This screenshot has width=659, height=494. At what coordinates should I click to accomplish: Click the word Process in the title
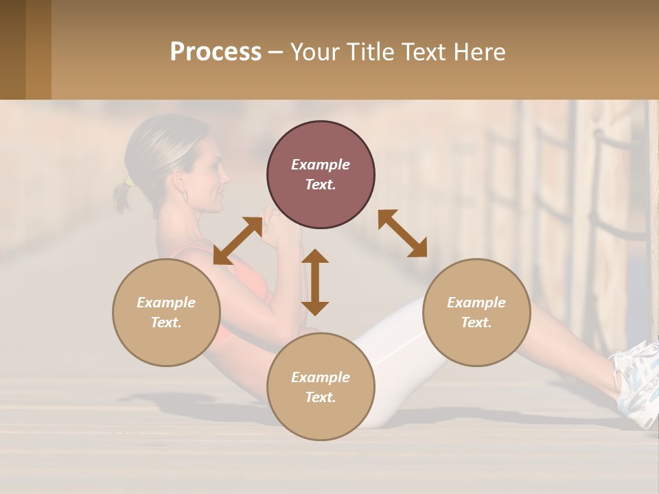pos(216,52)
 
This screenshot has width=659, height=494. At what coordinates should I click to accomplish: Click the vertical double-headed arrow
pos(315,282)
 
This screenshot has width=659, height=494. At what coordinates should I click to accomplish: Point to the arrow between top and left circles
pos(238,241)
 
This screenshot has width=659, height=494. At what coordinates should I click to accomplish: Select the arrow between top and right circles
pos(402,233)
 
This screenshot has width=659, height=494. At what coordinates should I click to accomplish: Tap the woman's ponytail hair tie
pos(128,182)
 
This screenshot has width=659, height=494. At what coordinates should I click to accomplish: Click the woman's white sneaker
pos(635,384)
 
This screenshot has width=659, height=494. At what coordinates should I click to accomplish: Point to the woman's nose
pos(227,172)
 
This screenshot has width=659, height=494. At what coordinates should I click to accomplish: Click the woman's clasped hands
pos(278,230)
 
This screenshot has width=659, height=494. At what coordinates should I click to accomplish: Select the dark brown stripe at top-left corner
pos(12,49)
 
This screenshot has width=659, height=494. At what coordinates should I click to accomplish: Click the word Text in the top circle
pos(321,185)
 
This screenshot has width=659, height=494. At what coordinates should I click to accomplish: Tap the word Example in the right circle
pos(476,303)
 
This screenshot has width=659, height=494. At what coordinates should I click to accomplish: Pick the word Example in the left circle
pos(166,303)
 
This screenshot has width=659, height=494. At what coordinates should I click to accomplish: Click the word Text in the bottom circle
pos(321,397)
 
